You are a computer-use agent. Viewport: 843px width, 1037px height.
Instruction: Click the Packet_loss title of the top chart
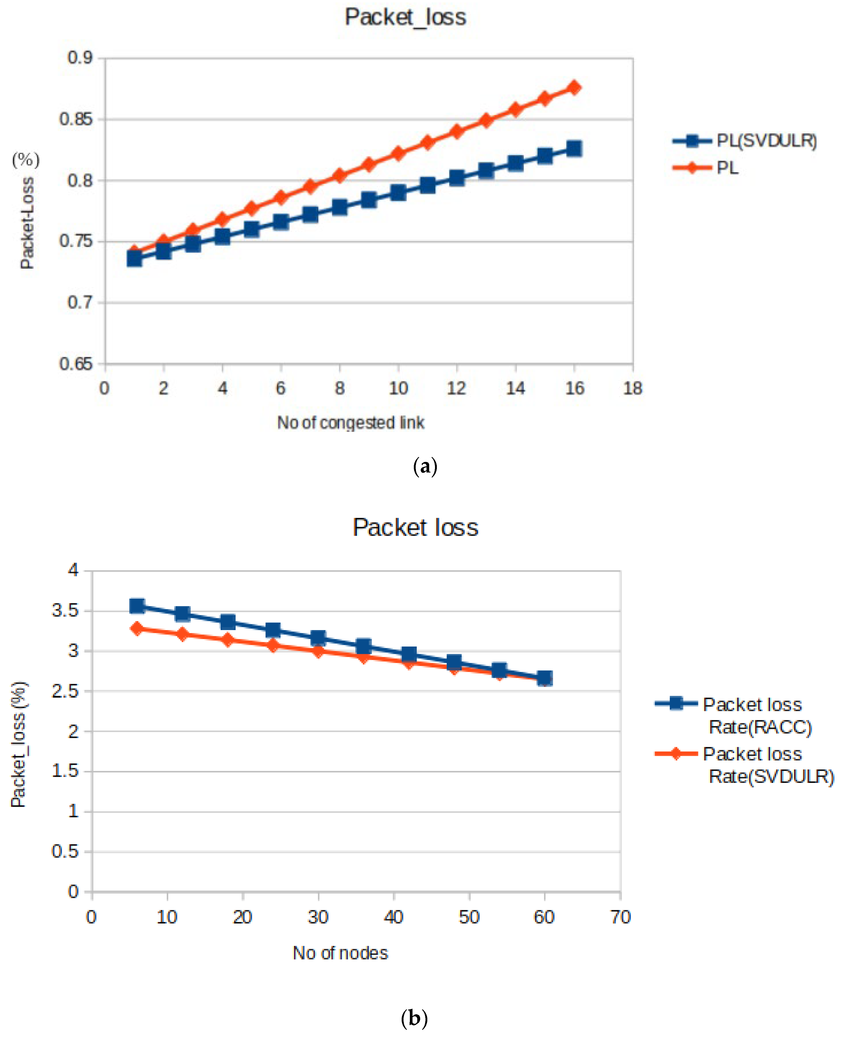[405, 17]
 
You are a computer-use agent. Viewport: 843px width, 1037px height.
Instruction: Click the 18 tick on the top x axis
[633, 388]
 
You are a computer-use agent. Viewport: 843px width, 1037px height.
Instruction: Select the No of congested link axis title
[351, 423]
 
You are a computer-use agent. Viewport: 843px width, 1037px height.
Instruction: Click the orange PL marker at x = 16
[574, 88]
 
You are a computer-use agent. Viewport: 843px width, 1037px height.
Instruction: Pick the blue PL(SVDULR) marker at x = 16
[574, 149]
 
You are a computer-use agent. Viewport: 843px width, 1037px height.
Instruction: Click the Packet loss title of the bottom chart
[415, 527]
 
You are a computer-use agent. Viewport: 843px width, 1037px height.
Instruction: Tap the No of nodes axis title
[341, 953]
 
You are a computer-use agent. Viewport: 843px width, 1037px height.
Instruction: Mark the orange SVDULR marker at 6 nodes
[137, 629]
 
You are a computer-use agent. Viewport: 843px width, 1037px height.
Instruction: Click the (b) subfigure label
[414, 1018]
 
